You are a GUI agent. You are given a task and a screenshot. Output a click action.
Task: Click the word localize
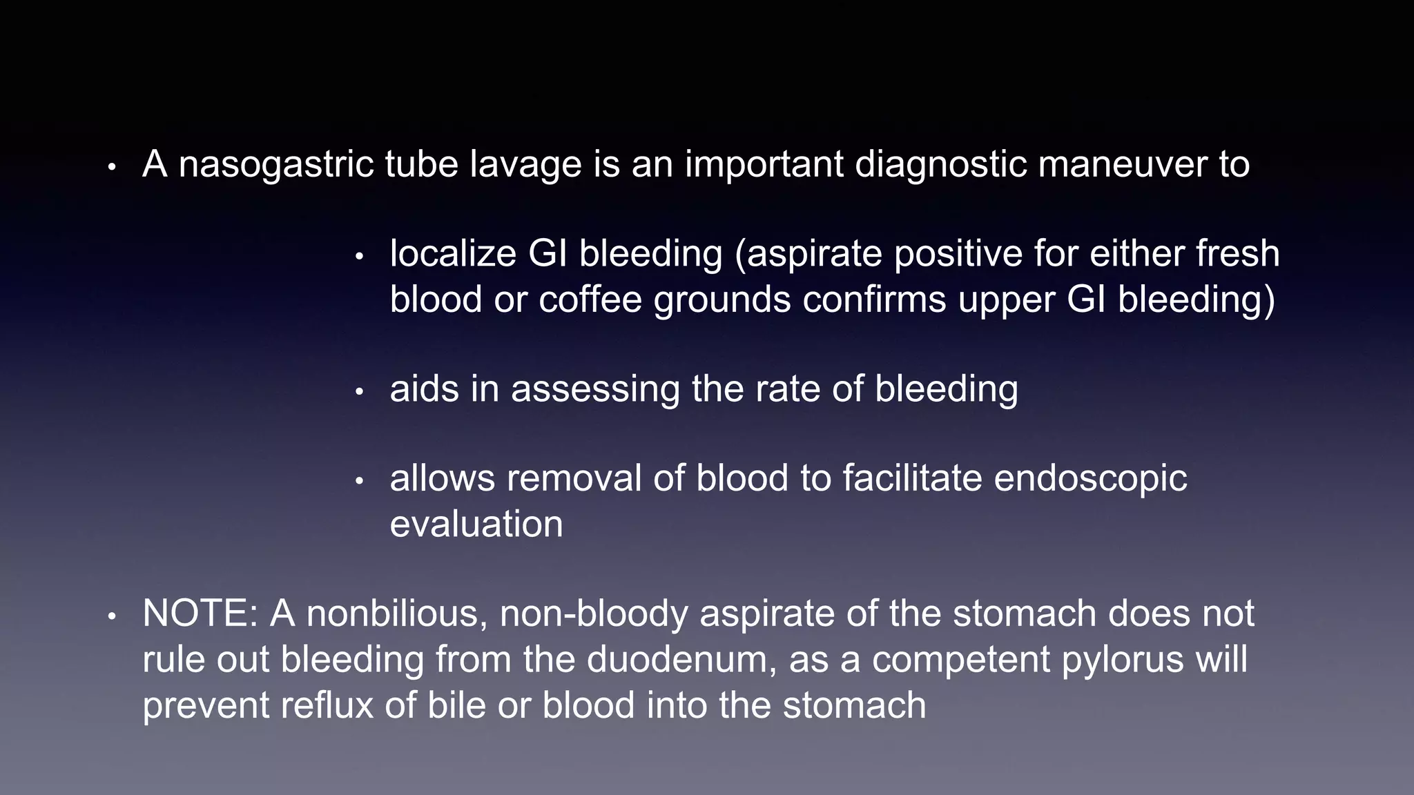[453, 254]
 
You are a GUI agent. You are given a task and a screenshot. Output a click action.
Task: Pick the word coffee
[590, 300]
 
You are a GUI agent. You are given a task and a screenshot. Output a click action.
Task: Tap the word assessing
[595, 389]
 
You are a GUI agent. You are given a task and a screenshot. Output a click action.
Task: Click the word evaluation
[476, 524]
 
